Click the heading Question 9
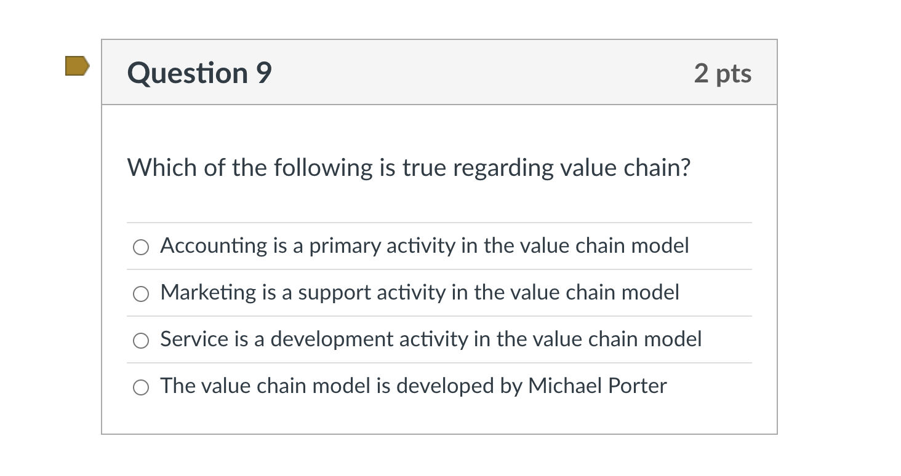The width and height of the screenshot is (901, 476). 199,73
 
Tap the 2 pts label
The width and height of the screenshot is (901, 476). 723,73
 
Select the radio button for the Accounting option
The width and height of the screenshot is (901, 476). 141,247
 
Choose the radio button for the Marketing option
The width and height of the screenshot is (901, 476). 141,294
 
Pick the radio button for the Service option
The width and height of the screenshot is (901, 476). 141,341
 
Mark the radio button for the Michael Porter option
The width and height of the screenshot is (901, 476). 141,387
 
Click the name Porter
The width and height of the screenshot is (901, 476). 637,386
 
